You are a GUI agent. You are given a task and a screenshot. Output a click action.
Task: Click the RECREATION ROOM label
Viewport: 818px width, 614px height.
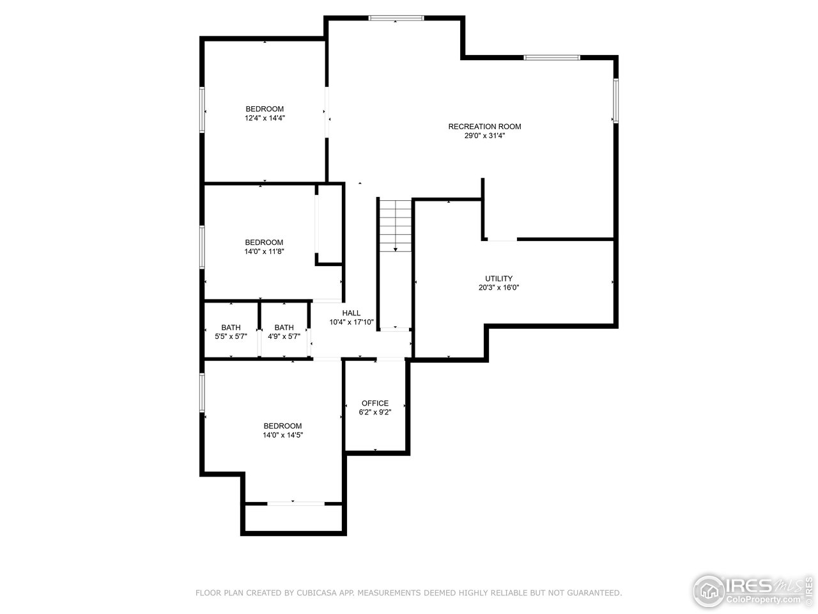tap(484, 127)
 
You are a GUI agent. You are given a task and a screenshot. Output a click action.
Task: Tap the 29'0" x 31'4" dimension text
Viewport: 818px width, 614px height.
tap(484, 136)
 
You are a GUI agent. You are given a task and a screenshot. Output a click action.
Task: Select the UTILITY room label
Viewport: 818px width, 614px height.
tap(498, 279)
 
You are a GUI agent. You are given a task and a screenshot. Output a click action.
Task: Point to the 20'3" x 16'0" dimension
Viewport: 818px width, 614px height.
tap(498, 288)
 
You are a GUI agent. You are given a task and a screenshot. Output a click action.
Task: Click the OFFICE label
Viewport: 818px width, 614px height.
tap(374, 404)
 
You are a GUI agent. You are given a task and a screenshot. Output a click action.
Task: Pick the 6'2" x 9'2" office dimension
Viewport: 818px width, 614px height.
tap(374, 413)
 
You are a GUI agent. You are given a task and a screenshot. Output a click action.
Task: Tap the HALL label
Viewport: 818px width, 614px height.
tap(351, 313)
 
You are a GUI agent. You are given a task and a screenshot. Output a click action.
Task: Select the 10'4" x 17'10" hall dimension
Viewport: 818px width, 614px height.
tap(351, 322)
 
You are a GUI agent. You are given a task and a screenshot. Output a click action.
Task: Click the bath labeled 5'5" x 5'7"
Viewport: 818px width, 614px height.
tap(231, 332)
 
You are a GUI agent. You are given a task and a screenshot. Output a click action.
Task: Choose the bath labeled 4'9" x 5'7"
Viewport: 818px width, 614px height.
tap(284, 332)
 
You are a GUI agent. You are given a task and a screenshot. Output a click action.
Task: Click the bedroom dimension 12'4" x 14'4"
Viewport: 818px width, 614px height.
tap(264, 118)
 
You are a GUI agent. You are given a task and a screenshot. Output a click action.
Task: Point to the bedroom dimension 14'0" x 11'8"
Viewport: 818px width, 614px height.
tap(264, 251)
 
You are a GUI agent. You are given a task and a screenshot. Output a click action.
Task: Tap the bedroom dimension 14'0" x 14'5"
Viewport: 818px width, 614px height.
tap(282, 435)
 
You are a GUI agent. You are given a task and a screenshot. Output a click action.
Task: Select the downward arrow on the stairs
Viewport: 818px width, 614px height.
tap(396, 249)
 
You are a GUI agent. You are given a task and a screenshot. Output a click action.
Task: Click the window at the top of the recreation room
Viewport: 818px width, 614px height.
tap(396, 18)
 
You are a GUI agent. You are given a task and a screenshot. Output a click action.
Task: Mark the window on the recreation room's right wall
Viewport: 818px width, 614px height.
tap(615, 100)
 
